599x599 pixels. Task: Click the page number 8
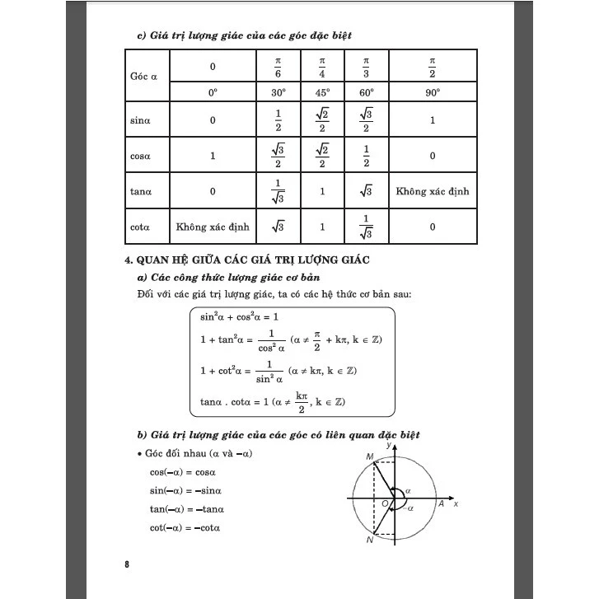[127, 564]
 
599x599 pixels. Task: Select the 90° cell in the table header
[433, 93]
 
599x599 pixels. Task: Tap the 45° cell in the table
[322, 93]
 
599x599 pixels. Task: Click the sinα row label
[139, 120]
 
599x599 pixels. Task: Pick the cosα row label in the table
[140, 156]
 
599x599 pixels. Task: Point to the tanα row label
[140, 191]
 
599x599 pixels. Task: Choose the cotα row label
[139, 227]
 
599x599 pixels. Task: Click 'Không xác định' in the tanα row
[433, 191]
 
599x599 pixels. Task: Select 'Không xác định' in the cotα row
[213, 227]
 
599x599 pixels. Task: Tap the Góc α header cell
[143, 76]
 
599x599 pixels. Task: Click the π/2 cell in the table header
[433, 66]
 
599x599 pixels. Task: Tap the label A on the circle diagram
[442, 503]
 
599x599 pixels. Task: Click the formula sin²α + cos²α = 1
[239, 316]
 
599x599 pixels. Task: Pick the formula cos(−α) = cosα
[182, 472]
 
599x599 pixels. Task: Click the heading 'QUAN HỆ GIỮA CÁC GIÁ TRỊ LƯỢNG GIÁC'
[246, 260]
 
